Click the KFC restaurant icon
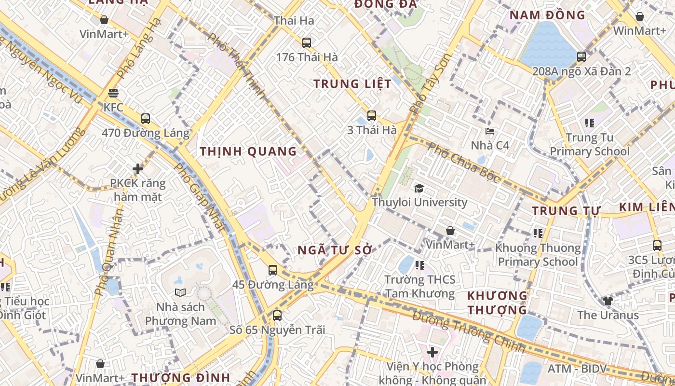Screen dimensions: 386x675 click(x=114, y=93)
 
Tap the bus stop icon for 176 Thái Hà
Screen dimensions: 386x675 click(x=307, y=42)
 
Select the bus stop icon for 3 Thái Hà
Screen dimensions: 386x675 click(x=372, y=116)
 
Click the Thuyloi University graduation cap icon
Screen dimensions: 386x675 click(x=419, y=188)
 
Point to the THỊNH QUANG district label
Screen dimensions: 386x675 click(x=248, y=152)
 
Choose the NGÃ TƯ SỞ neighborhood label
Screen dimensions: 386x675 click(x=335, y=250)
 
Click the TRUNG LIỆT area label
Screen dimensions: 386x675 click(x=352, y=84)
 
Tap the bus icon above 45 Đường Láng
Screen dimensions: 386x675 click(x=273, y=270)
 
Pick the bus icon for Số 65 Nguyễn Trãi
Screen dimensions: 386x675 click(x=277, y=316)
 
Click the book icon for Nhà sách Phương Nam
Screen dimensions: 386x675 click(x=180, y=292)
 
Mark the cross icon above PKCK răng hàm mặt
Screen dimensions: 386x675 click(x=138, y=169)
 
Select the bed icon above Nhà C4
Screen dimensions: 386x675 click(x=490, y=131)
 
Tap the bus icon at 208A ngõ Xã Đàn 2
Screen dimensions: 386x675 click(x=581, y=57)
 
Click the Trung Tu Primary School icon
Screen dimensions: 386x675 click(x=589, y=123)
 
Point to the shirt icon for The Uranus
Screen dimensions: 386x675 click(x=607, y=301)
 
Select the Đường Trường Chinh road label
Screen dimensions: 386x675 click(x=469, y=332)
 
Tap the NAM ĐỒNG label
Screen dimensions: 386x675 click(x=547, y=15)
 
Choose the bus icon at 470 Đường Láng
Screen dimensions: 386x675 click(x=146, y=119)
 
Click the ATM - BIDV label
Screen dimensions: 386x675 click(x=577, y=369)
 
